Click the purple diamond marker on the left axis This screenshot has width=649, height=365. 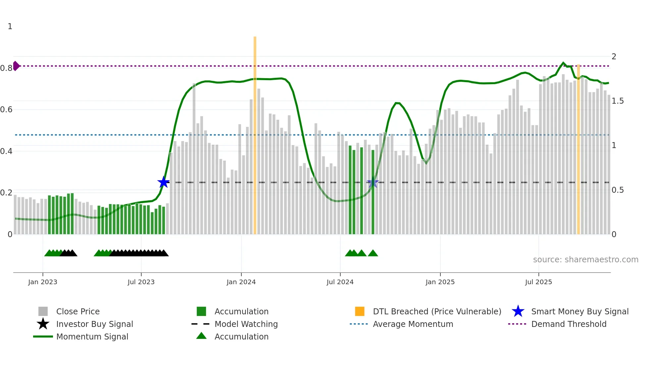point(16,66)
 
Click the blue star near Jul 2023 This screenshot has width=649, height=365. point(163,182)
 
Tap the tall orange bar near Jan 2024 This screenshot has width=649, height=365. point(255,132)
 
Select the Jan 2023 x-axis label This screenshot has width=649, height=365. point(43,282)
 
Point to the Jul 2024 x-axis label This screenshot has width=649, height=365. point(340,282)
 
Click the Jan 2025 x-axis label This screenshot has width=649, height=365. point(440,282)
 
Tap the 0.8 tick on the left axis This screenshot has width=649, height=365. point(6,68)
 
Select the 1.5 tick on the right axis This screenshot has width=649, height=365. point(618,101)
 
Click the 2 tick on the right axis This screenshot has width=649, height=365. point(614,57)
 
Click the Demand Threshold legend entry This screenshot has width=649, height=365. point(569,324)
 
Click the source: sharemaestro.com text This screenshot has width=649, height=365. point(585,260)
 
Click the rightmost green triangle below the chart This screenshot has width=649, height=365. point(373,253)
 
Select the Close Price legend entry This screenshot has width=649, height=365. point(78,311)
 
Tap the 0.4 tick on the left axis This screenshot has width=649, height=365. point(6,151)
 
